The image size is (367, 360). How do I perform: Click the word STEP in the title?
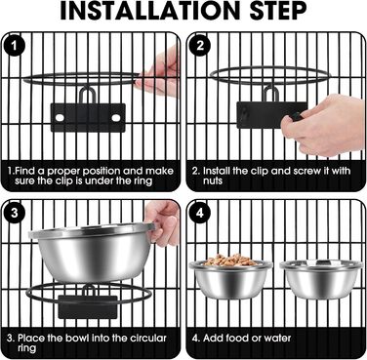pos(278,11)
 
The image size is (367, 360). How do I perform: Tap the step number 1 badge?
pos(14,46)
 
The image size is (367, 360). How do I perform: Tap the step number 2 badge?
pos(200,46)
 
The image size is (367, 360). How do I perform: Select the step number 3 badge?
pos(14,214)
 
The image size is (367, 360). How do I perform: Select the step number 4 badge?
pos(200,214)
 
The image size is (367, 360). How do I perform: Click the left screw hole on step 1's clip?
pos(60,118)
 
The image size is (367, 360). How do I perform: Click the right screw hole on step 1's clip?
pos(116,118)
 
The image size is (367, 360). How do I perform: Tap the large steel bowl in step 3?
pos(92,251)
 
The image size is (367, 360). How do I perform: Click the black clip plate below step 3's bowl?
pos(88,306)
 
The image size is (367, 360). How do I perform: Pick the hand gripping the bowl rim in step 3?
pos(163,221)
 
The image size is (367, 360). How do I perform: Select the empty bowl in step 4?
pos(321,279)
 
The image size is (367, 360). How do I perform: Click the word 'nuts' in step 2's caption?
pos(213,180)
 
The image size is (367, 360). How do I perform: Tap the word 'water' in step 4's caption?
pos(277,339)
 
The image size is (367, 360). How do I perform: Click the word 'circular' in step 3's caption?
pos(148,339)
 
